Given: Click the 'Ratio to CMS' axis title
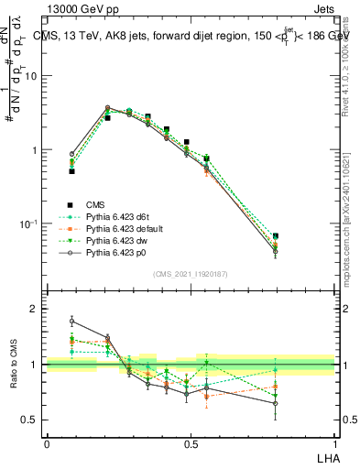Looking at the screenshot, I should pyautogui.click(x=14, y=365).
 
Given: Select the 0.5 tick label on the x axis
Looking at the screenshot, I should pyautogui.click(x=190, y=443).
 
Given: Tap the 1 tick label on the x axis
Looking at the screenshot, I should pyautogui.click(x=333, y=443).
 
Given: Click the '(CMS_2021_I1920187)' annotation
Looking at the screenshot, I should pyautogui.click(x=190, y=274).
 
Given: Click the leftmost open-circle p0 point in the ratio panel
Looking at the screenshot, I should pyautogui.click(x=71, y=322).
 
